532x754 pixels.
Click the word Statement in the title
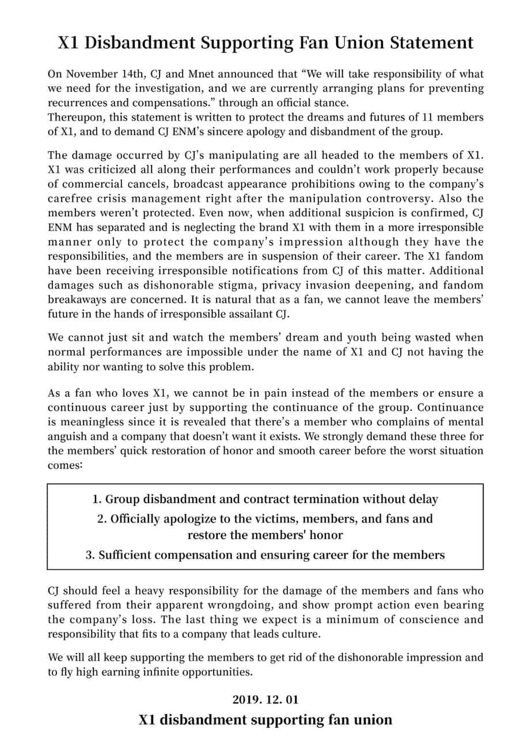coord(428,43)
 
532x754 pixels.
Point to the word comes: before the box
coord(65,465)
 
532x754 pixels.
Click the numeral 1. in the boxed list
coord(97,499)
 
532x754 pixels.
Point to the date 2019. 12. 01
coord(265,700)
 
